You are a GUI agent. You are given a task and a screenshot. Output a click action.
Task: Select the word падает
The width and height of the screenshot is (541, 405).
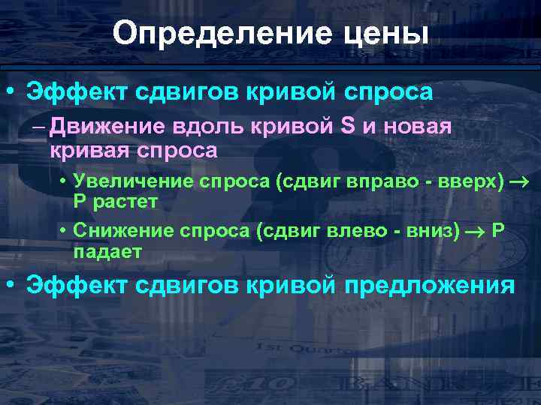(107, 251)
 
